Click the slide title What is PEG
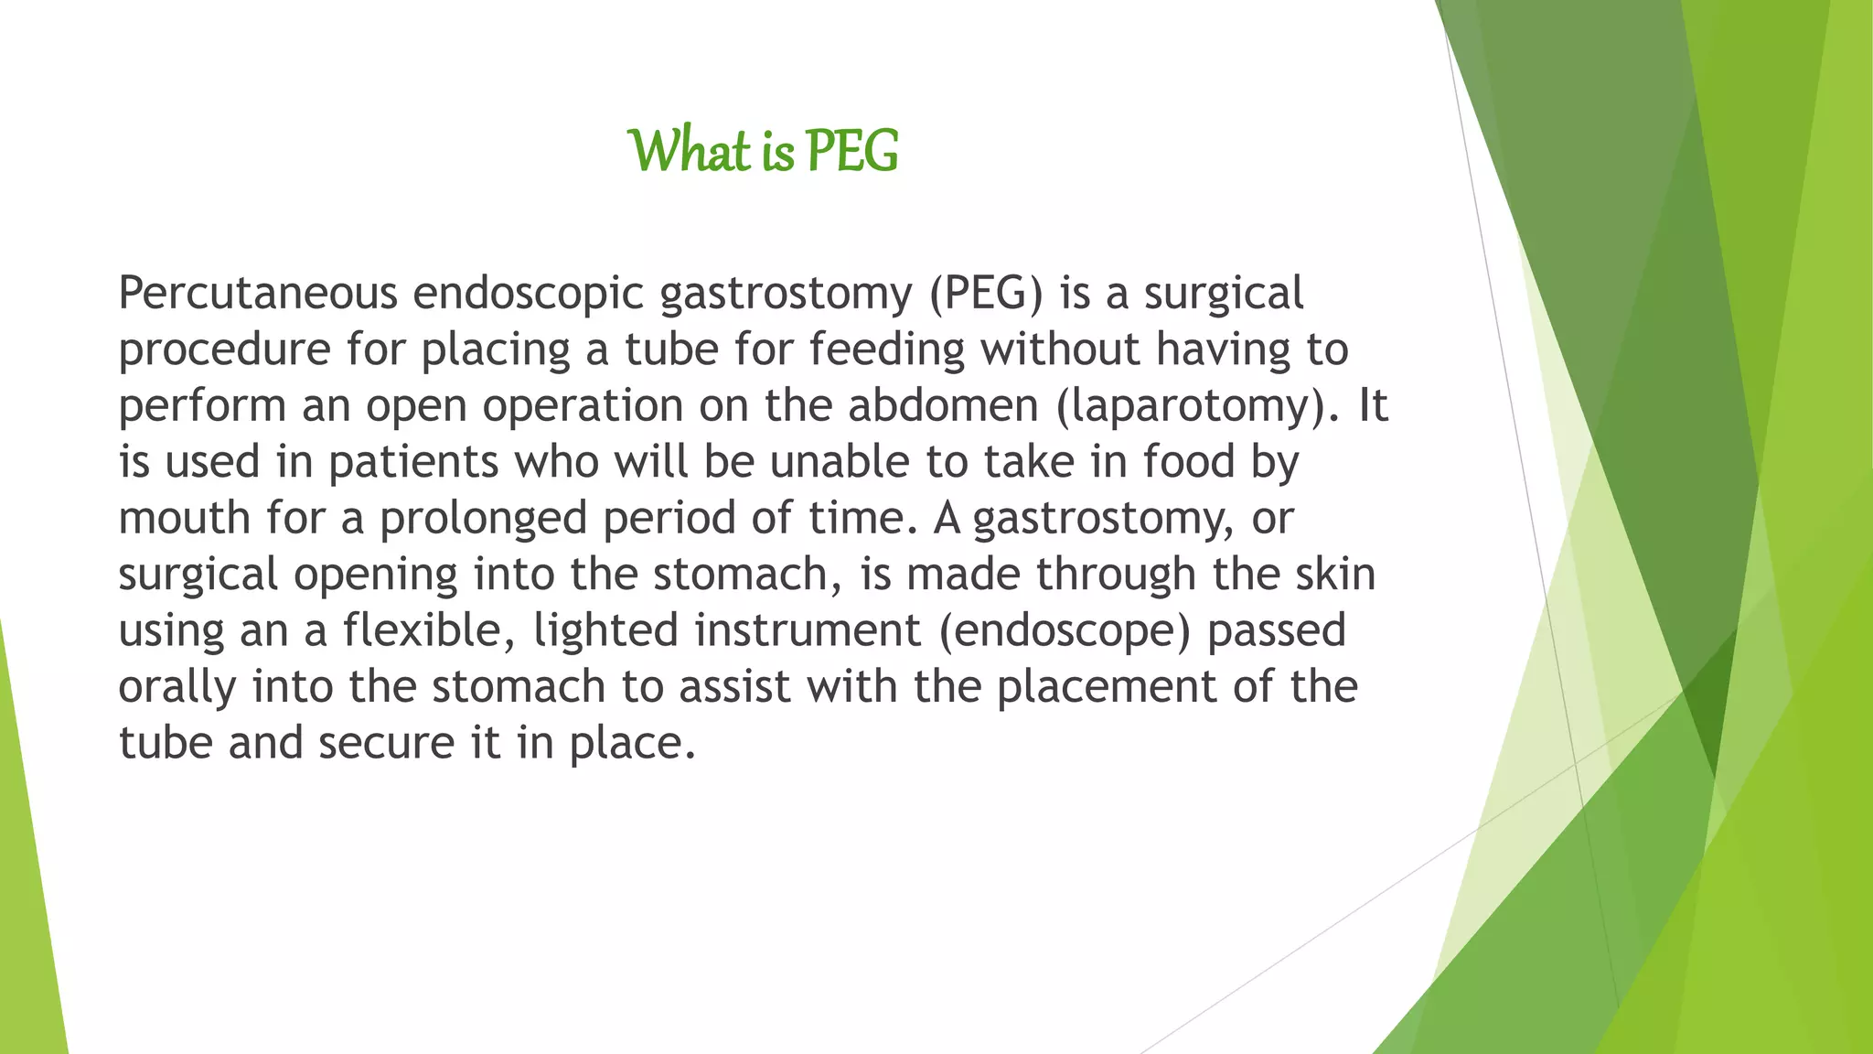(764, 151)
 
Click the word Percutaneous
(258, 294)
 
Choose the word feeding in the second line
(886, 350)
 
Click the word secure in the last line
(386, 743)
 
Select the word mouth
(185, 519)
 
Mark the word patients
(413, 462)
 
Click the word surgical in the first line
(1224, 294)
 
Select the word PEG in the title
(852, 151)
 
